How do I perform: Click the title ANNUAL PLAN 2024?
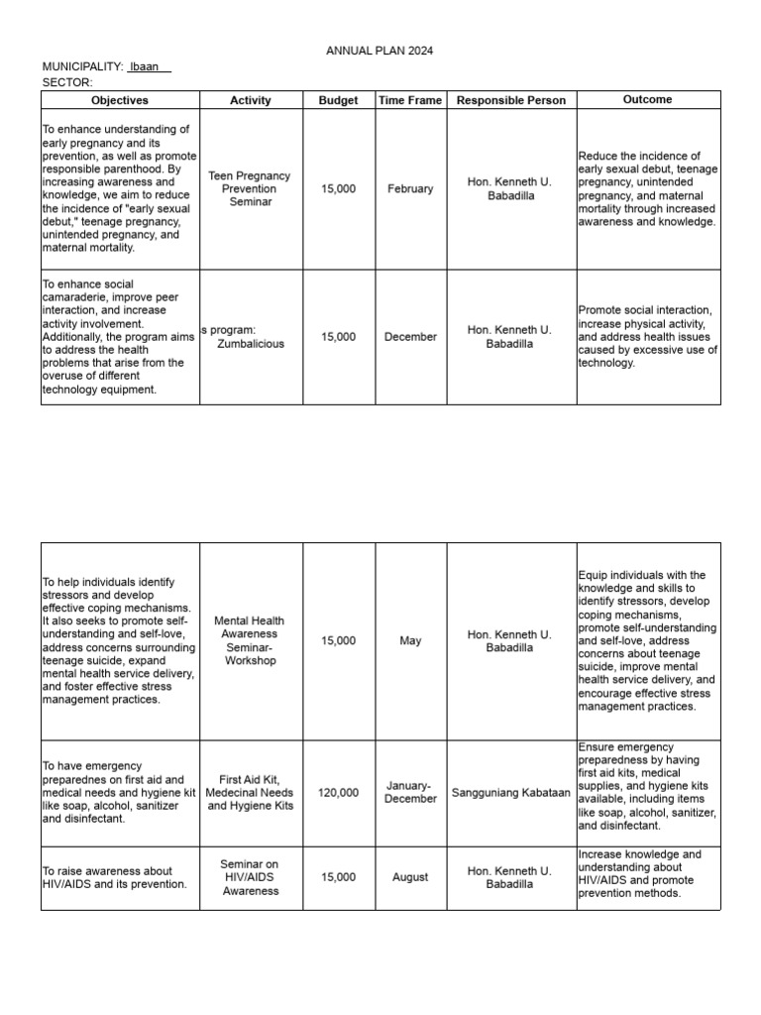(380, 51)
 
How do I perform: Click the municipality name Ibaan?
(145, 66)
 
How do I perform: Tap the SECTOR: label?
(67, 82)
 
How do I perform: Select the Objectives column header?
(120, 100)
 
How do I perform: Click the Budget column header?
(339, 100)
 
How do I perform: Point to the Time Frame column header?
(410, 100)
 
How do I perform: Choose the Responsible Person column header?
(511, 100)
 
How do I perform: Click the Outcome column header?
(648, 99)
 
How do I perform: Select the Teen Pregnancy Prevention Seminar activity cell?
(250, 188)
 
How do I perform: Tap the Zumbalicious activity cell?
(250, 337)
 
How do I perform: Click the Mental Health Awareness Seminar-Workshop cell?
(250, 640)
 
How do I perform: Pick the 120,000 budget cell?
(339, 792)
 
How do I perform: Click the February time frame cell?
(410, 188)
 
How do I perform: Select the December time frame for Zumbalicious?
(410, 337)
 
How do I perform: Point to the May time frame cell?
(410, 641)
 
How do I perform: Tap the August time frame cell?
(410, 877)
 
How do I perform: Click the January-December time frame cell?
(410, 792)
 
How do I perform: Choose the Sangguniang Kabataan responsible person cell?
(511, 792)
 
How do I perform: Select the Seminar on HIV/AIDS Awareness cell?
(250, 877)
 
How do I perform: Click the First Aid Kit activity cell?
(250, 792)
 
